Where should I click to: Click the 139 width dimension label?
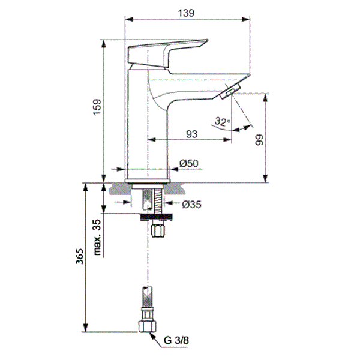186,13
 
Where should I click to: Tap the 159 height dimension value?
97,107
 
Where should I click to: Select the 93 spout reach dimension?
192,134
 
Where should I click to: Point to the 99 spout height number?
259,140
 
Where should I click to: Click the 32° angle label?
222,121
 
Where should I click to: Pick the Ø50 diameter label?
189,163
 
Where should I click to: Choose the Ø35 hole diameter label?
191,205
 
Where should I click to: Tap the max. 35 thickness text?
97,237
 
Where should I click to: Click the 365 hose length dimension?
80,256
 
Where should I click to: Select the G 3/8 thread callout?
176,340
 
